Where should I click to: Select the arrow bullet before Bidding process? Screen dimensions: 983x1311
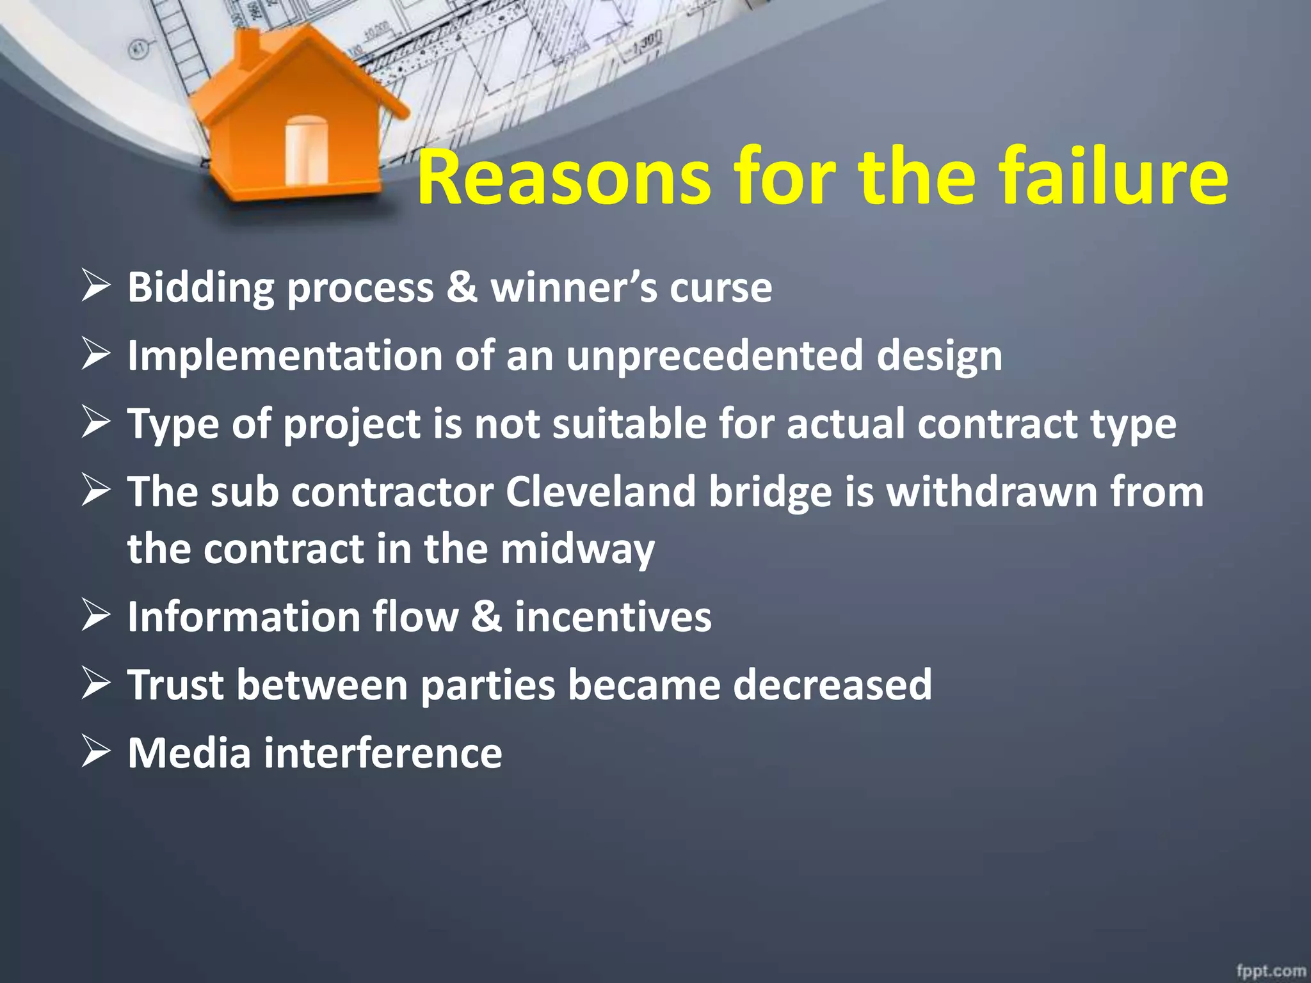click(96, 286)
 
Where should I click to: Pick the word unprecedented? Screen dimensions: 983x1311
click(714, 356)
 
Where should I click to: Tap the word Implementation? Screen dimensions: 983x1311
click(285, 356)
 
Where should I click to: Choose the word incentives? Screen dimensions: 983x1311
click(613, 617)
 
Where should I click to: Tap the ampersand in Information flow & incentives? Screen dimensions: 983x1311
click(487, 617)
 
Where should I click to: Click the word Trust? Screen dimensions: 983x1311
click(175, 685)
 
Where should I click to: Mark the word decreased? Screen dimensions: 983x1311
click(832, 685)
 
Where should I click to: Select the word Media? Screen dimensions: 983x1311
click(189, 753)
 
